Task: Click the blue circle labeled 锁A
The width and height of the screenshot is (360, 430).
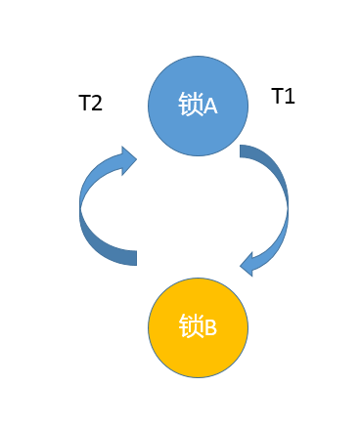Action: tap(198, 106)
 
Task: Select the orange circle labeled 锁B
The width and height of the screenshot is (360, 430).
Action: tap(198, 327)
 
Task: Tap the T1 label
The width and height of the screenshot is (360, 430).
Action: tap(283, 96)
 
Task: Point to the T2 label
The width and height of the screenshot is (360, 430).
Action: tap(90, 103)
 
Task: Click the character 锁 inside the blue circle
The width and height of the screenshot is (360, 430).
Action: tap(191, 105)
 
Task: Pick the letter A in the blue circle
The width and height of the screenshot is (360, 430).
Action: tap(210, 107)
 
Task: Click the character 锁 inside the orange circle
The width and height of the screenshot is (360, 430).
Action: tap(191, 325)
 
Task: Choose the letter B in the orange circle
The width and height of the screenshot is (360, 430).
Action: tap(210, 327)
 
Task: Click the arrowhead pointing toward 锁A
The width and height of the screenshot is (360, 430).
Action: tap(127, 160)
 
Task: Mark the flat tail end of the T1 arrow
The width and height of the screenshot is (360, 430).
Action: tap(240, 151)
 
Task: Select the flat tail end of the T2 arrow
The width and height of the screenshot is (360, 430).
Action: tap(136, 258)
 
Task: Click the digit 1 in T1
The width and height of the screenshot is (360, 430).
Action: tap(291, 97)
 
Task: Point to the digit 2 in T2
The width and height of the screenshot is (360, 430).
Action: tap(97, 103)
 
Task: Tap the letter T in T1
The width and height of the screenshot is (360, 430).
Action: tap(277, 96)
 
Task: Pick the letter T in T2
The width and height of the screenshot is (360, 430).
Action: tap(84, 103)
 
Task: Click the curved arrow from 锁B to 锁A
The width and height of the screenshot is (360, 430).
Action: tap(80, 208)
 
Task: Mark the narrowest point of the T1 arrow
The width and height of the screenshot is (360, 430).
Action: tap(288, 207)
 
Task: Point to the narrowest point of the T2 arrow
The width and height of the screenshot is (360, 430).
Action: tap(80, 207)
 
